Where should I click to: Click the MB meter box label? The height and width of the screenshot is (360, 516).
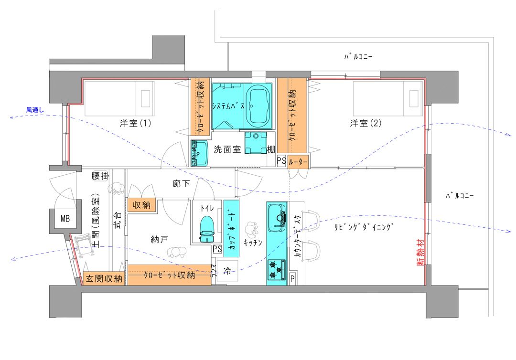[x=65, y=218]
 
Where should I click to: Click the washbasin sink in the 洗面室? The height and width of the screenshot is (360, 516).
[x=199, y=153]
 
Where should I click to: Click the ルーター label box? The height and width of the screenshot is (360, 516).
[x=298, y=162]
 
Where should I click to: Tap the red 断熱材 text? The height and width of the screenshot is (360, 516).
[x=420, y=252]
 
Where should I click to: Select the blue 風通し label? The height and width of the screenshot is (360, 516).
[x=35, y=110]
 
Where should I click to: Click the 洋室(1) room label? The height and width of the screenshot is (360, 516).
[x=135, y=124]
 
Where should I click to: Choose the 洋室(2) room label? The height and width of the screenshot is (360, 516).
[x=365, y=124]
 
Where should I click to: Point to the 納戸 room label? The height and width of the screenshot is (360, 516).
[x=159, y=239]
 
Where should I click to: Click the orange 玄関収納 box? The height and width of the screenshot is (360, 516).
[x=104, y=279]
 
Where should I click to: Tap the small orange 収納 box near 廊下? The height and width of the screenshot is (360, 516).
[x=141, y=205]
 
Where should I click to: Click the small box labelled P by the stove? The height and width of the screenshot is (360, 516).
[x=292, y=279]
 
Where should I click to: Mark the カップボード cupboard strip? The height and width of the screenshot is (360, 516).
[x=231, y=229]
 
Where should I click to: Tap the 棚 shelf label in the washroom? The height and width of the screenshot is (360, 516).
[x=271, y=149]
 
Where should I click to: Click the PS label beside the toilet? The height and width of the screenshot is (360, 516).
[x=217, y=249]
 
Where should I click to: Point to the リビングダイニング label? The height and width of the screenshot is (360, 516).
[x=363, y=227]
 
